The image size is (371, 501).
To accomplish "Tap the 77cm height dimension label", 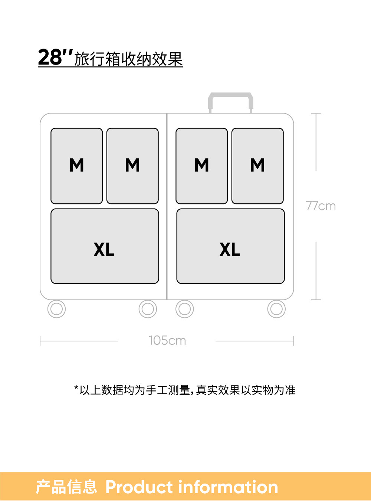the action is (321, 206).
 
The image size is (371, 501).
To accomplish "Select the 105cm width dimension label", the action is (167, 340).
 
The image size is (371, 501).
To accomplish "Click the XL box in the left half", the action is (105, 246).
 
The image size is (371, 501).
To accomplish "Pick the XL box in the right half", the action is (230, 246).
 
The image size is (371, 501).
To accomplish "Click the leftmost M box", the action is (76, 166).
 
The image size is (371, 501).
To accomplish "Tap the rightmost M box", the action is (257, 166).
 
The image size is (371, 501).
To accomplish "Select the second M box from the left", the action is (132, 166).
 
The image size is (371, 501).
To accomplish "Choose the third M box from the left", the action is (201, 166).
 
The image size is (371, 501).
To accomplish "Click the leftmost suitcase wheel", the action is (56, 309).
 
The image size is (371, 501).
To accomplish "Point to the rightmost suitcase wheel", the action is (276, 309).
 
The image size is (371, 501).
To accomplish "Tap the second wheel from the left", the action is (148, 309).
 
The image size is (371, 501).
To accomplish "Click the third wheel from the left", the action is (184, 309).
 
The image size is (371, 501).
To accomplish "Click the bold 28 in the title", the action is (50, 58).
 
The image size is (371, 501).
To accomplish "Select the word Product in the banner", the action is (139, 487).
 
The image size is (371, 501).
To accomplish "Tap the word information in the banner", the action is (228, 487).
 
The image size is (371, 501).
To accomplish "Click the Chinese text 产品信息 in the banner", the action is (66, 487).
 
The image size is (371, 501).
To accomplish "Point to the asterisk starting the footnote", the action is (76, 388).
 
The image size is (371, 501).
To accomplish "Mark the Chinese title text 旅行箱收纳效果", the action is (128, 59).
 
